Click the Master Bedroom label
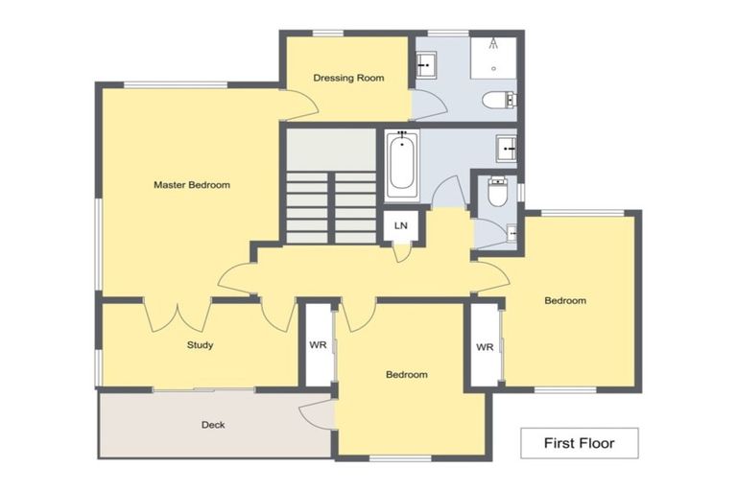192,185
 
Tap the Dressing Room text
349,78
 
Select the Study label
200,345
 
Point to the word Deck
213,425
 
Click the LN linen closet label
401,225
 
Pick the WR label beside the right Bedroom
485,347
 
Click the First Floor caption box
579,442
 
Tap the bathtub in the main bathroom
402,165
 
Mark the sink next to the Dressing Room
425,65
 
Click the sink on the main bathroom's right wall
506,149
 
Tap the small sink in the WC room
511,231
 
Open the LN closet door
402,251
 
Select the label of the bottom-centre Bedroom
406,375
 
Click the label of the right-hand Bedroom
565,301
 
